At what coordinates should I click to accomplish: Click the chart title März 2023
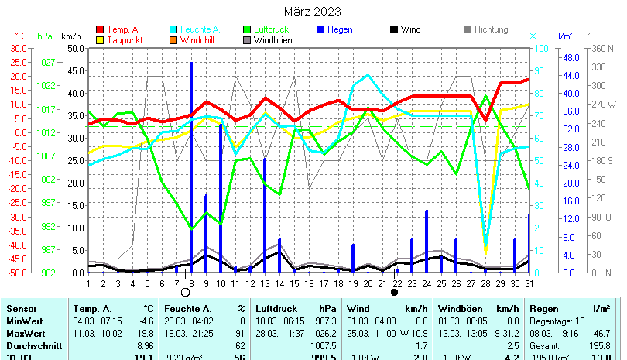coord(311,12)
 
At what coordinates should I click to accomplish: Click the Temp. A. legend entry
coord(123,29)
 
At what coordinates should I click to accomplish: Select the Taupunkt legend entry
coord(123,40)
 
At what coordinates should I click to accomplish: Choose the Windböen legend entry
coord(272,40)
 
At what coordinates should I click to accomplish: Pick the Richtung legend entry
coord(491,29)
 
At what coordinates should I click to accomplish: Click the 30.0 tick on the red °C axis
coord(17,48)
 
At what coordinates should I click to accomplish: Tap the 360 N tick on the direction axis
coord(602,48)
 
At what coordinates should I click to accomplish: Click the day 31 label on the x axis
coord(529,284)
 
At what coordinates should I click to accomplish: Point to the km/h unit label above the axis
coord(70,36)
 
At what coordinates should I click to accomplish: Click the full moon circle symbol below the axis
coord(185,293)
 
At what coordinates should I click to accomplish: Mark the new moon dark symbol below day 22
coord(395,293)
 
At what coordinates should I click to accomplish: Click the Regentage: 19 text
coord(556,320)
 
